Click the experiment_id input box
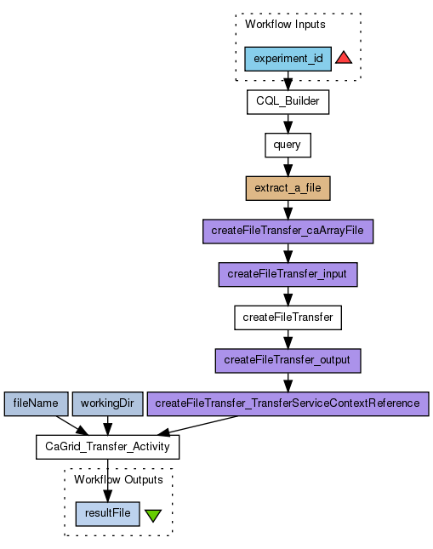(288, 59)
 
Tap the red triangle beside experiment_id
(344, 58)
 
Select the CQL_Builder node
(288, 102)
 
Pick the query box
(288, 145)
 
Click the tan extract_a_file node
(288, 188)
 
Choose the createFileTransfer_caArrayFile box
(288, 232)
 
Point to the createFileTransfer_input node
(288, 274)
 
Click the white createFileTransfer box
(288, 317)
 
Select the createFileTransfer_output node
(288, 361)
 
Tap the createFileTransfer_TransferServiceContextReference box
(288, 404)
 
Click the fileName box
(36, 404)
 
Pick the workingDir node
(107, 404)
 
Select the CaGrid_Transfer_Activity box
(107, 447)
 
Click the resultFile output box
(107, 514)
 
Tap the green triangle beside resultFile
(153, 516)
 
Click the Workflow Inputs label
(285, 25)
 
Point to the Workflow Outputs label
(118, 480)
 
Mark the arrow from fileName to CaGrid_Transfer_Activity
(72, 426)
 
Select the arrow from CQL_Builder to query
(288, 123)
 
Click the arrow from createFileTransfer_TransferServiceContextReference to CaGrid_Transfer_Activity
(197, 426)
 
